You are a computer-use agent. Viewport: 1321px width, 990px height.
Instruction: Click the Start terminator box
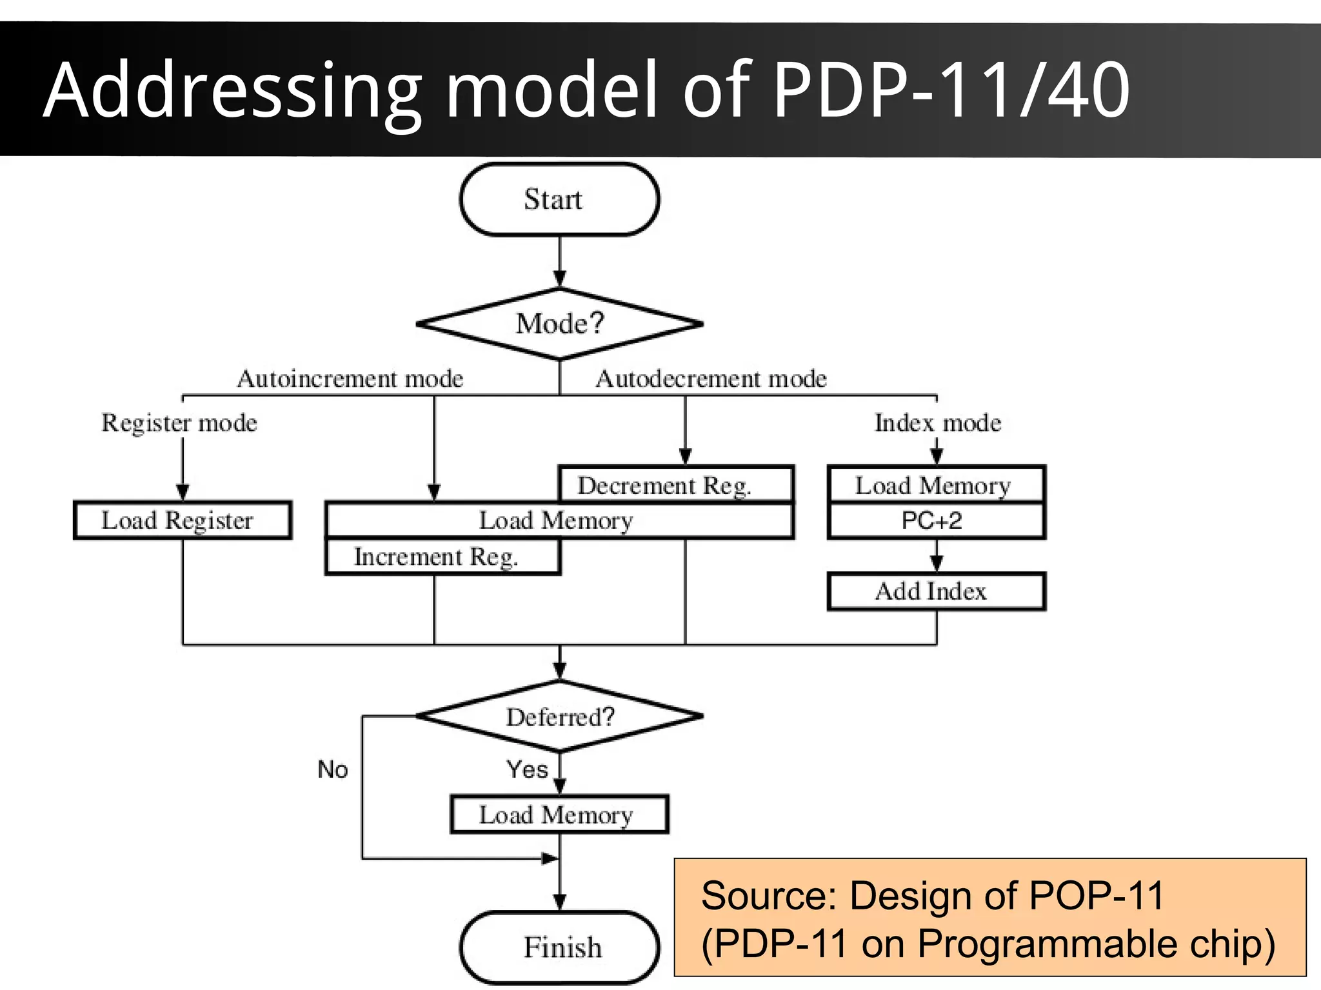559,199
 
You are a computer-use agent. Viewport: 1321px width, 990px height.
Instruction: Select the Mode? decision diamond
559,323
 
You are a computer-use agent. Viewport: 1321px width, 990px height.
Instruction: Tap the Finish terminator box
559,947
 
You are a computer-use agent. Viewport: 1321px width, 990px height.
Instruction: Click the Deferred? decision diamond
559,717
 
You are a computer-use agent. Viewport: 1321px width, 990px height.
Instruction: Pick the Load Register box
183,520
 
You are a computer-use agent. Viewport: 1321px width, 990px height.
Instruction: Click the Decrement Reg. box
675,484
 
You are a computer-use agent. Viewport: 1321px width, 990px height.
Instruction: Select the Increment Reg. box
442,556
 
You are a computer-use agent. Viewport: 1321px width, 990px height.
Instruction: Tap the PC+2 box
936,520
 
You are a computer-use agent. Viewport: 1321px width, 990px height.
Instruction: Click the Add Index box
936,591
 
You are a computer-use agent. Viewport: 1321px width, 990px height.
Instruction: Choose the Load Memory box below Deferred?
559,815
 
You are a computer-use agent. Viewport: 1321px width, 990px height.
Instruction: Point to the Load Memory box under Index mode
936,485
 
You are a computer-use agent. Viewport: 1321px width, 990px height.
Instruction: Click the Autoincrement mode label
350,379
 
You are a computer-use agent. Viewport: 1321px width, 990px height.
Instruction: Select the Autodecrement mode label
711,379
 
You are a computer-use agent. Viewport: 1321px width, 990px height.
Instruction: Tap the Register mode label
179,423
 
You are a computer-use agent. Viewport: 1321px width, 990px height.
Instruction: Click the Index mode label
937,423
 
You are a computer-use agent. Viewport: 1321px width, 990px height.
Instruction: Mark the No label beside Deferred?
333,769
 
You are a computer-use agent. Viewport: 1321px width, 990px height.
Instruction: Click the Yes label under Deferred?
527,769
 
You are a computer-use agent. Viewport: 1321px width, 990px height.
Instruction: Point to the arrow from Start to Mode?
559,261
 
